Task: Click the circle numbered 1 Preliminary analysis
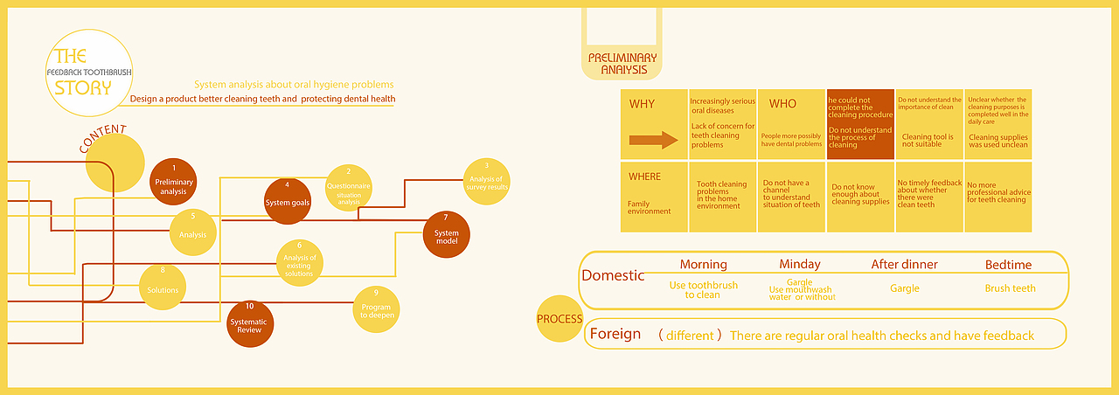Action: tap(173, 182)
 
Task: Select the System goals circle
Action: tap(288, 201)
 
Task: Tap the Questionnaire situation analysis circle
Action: tap(348, 188)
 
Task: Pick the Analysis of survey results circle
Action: tap(486, 181)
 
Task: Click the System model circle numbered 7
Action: tap(446, 234)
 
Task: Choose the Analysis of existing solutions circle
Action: tap(299, 262)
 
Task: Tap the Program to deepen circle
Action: tap(375, 308)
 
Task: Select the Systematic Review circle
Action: tap(250, 323)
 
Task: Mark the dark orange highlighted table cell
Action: tap(860, 124)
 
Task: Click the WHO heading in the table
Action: tap(782, 104)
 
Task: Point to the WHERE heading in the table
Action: tap(645, 177)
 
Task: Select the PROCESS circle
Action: tap(559, 319)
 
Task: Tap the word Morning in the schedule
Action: tap(703, 264)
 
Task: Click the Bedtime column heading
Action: tap(1008, 264)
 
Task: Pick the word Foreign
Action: tap(615, 334)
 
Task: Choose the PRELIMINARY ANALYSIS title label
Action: tap(622, 64)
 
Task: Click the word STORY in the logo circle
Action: tap(83, 87)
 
